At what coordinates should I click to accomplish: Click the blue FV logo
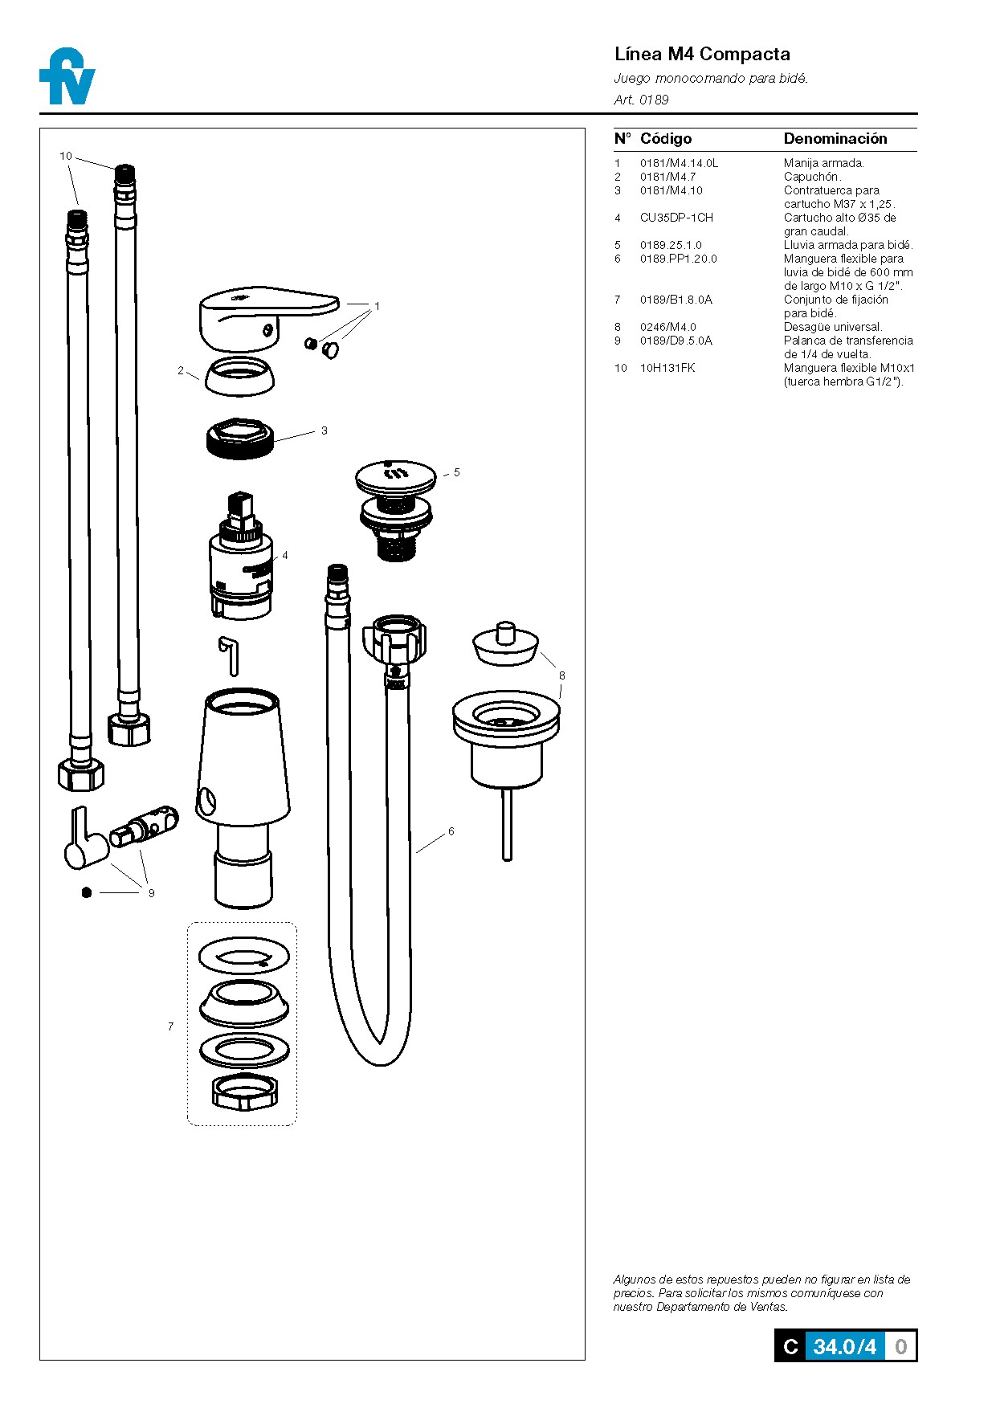67,77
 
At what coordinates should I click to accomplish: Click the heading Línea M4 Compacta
702,54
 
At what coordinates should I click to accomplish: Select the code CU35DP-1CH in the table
676,218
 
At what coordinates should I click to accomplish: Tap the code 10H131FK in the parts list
667,368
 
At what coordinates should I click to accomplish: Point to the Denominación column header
835,139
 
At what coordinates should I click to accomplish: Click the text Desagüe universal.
833,327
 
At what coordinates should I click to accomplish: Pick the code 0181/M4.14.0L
679,163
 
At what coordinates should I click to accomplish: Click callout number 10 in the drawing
66,156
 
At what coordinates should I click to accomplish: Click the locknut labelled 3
240,439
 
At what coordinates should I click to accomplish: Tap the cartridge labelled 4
240,562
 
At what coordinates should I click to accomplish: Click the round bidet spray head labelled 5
395,480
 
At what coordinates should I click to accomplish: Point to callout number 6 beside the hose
451,831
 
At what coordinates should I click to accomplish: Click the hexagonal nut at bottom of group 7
244,1090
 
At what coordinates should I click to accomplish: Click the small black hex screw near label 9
87,892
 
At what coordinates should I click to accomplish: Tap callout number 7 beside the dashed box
170,1026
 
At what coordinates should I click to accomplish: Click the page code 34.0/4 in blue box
843,1347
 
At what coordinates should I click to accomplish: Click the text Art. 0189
641,100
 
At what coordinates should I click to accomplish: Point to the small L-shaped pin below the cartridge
230,654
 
